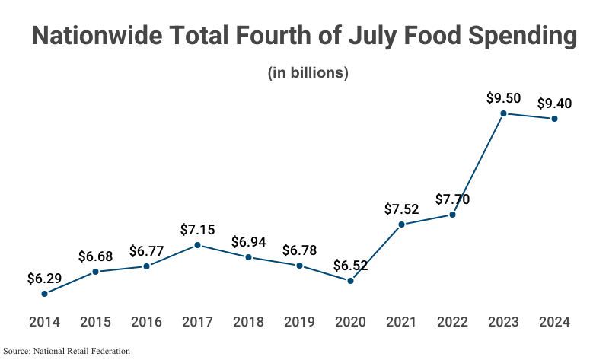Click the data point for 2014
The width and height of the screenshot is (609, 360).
point(45,293)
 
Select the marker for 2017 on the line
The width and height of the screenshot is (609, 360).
point(198,245)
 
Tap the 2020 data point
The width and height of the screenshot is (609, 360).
point(350,281)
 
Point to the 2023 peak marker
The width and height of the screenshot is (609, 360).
point(503,113)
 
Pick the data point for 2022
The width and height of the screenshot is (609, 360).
point(452,215)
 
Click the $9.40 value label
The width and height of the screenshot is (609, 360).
point(554,104)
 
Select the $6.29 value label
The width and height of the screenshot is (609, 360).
point(44,278)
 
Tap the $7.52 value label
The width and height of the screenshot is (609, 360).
point(401,209)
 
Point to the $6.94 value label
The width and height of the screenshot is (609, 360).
point(248,242)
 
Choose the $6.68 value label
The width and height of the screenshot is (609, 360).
point(95,256)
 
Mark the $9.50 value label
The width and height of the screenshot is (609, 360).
point(503,98)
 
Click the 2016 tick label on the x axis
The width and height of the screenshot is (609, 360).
point(146,321)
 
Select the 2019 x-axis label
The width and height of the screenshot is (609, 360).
point(299,321)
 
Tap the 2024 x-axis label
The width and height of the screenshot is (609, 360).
point(554,321)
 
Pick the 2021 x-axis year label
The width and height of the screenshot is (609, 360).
point(401,321)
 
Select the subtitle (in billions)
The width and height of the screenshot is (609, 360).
point(308,73)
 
